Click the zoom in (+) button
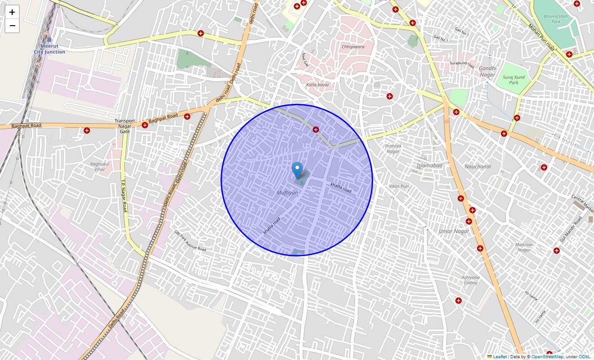tap(12, 12)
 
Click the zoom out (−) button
tap(12, 26)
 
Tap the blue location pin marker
tap(297, 171)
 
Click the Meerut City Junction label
tap(49, 49)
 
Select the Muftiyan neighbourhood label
tap(287, 193)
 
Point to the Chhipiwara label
tap(353, 46)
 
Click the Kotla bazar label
tap(318, 85)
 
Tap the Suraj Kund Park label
tap(513, 80)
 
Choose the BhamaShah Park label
tap(552, 19)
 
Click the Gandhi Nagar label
tap(487, 71)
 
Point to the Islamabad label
tap(429, 165)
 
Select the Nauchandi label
tap(477, 166)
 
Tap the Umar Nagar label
tap(454, 231)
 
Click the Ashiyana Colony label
tap(471, 280)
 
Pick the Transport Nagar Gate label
tap(125, 126)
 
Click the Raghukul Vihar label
tap(100, 166)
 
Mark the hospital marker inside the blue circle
tap(316, 130)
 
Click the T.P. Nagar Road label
tap(123, 197)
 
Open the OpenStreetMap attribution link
tap(547, 357)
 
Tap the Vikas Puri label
tap(399, 186)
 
